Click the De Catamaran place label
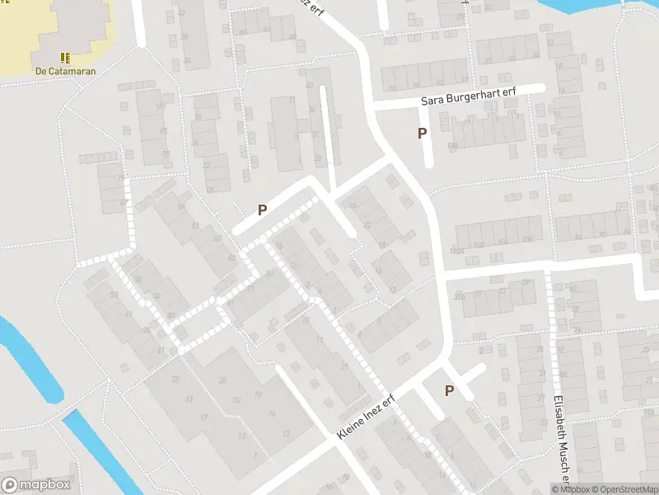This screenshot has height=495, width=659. tap(65, 71)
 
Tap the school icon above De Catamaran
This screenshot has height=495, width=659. tap(65, 58)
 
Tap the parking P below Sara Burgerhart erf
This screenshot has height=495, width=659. tap(423, 133)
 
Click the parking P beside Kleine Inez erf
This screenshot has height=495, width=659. tap(450, 391)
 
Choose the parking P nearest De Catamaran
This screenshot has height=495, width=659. tap(262, 210)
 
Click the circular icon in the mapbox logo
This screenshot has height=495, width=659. tap(11, 485)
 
